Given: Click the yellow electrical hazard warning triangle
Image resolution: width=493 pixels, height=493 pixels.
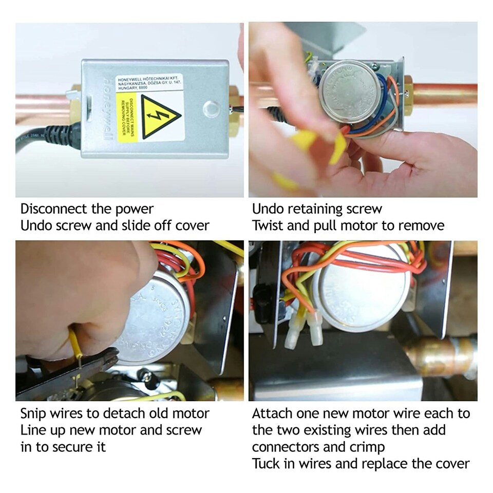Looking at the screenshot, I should click(160, 118).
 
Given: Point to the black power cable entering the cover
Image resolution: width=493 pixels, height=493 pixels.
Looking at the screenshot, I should click(46, 138).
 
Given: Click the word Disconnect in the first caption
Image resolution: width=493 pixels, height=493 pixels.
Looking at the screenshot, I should click(52, 209).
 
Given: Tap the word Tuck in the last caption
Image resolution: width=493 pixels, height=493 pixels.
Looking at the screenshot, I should click(267, 464).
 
